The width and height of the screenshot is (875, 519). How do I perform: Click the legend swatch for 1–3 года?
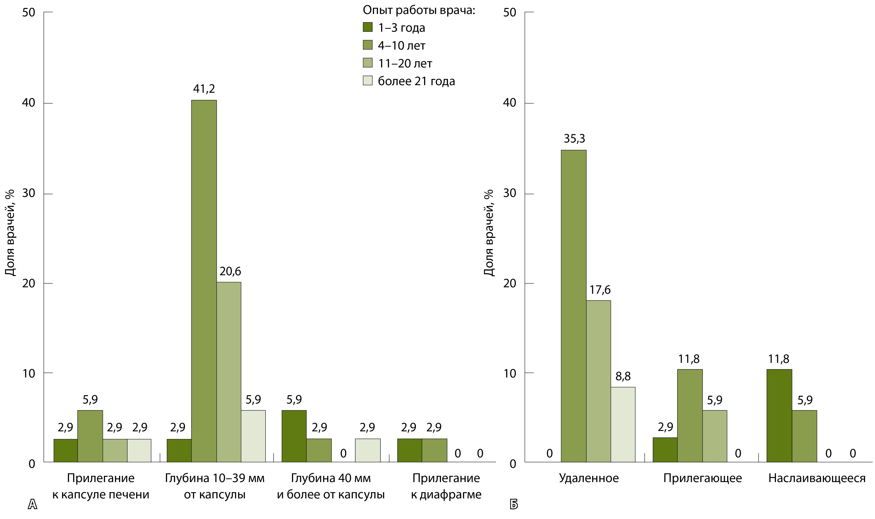coord(367,27)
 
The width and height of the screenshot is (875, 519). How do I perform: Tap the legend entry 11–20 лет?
coord(405,63)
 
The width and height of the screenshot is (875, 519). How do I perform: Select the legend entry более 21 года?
coord(416,81)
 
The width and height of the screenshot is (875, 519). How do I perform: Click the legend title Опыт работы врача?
coord(419,10)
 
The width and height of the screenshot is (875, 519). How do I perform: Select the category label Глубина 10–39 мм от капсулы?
coord(215,486)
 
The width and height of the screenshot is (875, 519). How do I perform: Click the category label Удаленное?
coord(589,478)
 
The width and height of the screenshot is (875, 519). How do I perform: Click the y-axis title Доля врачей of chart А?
coord(11,232)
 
